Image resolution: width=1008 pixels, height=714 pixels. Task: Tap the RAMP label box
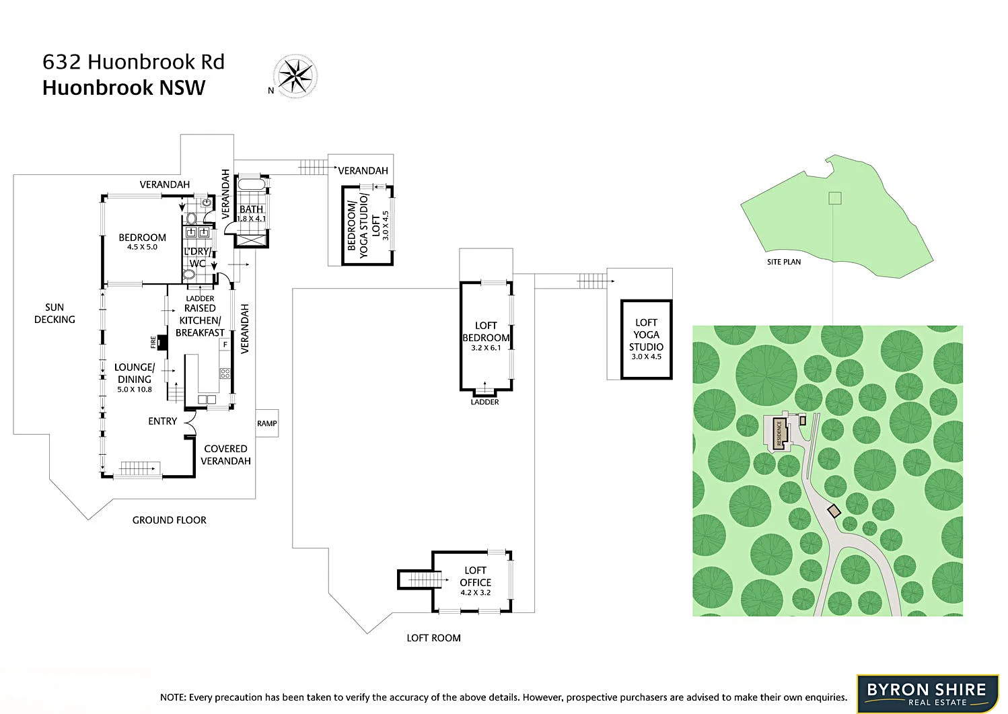pos(267,423)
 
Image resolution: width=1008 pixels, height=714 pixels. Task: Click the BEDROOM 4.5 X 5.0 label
pos(142,242)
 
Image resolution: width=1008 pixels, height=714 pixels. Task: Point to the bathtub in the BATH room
pos(251,185)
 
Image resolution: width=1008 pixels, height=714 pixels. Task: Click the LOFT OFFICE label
pos(475,581)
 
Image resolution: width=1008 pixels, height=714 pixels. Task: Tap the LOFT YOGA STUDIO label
pos(646,339)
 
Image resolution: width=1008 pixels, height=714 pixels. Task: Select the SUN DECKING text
pos(55,314)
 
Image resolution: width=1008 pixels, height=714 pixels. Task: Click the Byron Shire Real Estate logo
pos(927,693)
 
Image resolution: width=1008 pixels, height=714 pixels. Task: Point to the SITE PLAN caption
pos(784,262)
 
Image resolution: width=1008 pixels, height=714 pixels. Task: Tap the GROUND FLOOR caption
pos(169,520)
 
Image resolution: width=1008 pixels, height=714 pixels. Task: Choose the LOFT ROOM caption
pos(433,638)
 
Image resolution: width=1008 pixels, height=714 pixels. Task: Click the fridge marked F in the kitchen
pos(225,345)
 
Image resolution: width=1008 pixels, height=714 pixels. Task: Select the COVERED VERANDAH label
pos(225,455)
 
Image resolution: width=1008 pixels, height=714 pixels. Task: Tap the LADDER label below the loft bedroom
pos(484,402)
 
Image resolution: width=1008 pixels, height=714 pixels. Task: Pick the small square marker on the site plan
pos(834,198)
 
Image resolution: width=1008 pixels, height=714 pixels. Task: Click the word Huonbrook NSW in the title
pos(124,88)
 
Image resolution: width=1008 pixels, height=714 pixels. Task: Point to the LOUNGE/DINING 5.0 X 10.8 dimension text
pos(135,390)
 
